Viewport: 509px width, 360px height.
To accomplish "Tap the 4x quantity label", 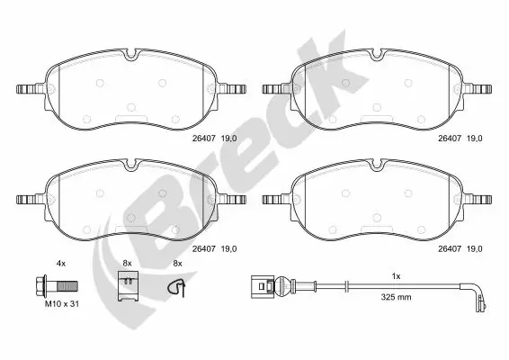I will tap(61, 263).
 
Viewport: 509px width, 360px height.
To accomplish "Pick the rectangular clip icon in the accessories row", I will tap(128, 288).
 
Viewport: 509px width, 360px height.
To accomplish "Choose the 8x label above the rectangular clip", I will tap(127, 263).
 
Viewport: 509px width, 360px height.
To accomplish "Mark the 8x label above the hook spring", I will tap(177, 263).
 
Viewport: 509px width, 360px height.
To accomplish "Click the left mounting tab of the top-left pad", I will tap(30, 90).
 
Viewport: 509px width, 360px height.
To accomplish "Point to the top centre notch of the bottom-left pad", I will tap(131, 164).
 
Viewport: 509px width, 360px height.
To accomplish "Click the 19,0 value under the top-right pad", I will tap(473, 137).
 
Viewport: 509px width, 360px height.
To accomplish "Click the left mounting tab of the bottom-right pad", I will tap(272, 199).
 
